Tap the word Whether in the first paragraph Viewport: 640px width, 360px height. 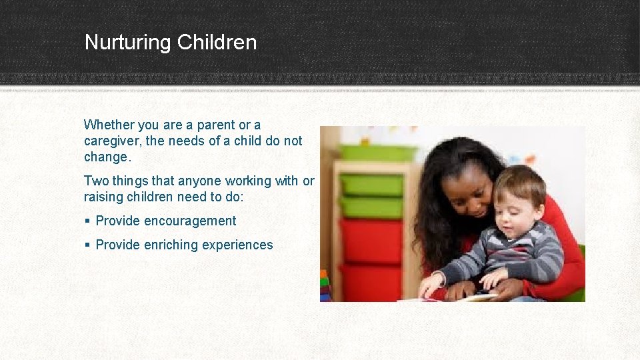point(109,125)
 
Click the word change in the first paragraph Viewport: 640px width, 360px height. point(105,157)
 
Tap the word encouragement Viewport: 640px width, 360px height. point(191,221)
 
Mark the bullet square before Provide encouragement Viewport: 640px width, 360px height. point(87,221)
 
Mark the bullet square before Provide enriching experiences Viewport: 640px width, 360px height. point(87,245)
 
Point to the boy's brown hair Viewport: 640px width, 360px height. point(519,181)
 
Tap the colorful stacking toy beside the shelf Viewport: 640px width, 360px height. point(325,287)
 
